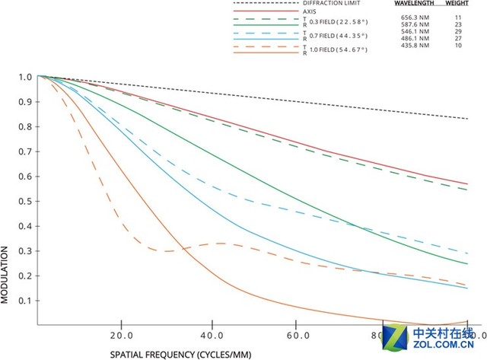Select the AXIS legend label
[288, 12]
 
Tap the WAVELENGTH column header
[415, 4]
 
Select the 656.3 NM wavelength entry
[414, 15]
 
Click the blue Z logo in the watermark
[397, 335]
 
